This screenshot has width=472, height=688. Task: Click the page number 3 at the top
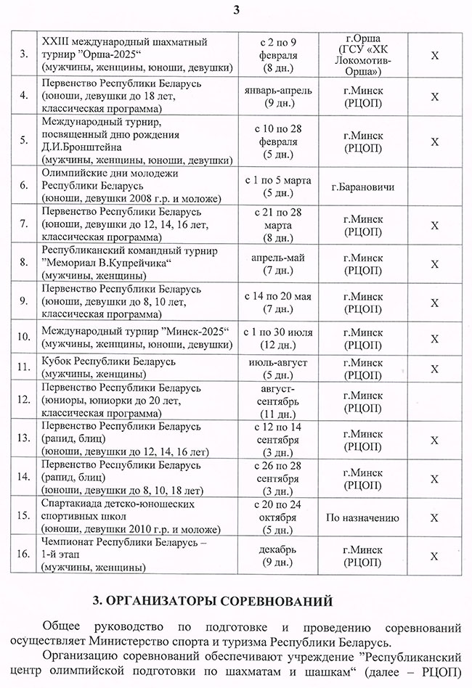[236, 9]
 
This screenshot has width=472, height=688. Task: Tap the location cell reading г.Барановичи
[362, 188]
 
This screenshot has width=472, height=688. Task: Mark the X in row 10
[434, 339]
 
